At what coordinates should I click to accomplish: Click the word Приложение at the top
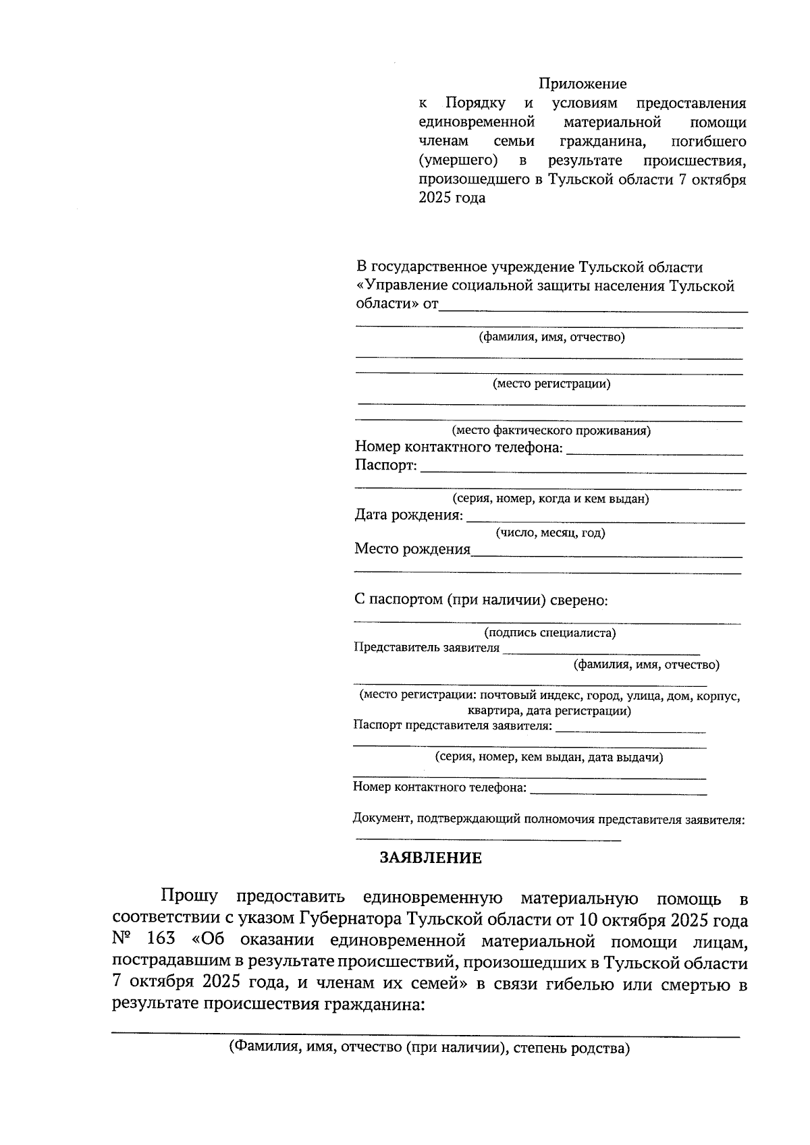click(582, 84)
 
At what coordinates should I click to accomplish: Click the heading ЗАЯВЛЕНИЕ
click(431, 858)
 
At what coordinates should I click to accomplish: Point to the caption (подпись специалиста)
click(549, 633)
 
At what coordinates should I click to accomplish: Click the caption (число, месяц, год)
click(551, 533)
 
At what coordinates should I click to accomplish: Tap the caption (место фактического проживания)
click(551, 430)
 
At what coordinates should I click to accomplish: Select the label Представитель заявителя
click(427, 648)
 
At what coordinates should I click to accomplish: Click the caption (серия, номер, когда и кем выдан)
click(551, 499)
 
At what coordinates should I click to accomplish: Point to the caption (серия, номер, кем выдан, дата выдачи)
click(549, 757)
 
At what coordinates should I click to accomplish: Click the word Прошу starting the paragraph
click(189, 897)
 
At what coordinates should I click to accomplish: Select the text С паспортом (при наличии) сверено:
click(481, 600)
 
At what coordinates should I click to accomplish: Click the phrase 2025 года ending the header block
click(452, 199)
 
